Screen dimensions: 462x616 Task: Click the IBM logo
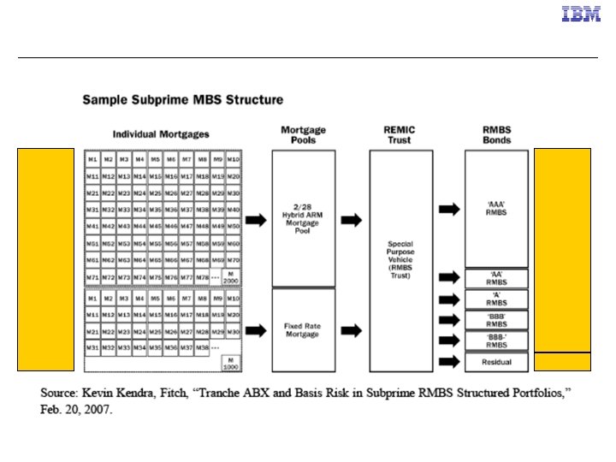pos(580,14)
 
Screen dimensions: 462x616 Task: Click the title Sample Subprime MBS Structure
pos(182,100)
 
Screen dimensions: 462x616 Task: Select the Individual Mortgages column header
pos(161,134)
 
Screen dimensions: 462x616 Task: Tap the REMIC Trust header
pos(400,134)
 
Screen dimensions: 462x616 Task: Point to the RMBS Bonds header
pos(495,134)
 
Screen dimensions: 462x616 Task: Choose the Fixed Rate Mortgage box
pos(303,330)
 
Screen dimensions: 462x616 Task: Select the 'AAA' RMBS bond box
pos(496,209)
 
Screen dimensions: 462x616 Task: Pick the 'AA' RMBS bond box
pos(496,277)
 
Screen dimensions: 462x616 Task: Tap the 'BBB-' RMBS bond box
pos(496,341)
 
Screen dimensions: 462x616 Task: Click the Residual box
pos(496,362)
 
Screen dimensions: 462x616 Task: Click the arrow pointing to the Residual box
pos(447,362)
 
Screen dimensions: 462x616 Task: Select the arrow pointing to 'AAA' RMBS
pos(447,209)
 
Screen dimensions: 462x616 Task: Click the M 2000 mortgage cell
pos(231,277)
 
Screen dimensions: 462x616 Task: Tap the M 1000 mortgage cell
pos(231,362)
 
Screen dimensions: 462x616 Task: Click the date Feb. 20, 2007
pos(77,409)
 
